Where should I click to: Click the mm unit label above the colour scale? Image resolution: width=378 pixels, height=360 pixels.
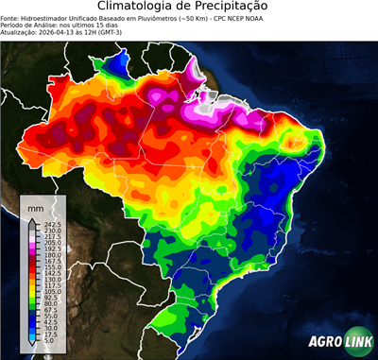(x=35, y=205)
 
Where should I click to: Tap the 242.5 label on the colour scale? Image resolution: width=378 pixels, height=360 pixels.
(x=50, y=224)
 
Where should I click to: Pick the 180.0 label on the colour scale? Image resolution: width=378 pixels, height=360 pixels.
(x=50, y=255)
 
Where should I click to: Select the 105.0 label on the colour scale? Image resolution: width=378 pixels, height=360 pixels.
(x=50, y=292)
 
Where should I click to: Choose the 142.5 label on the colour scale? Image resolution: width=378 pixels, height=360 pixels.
(x=50, y=273)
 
